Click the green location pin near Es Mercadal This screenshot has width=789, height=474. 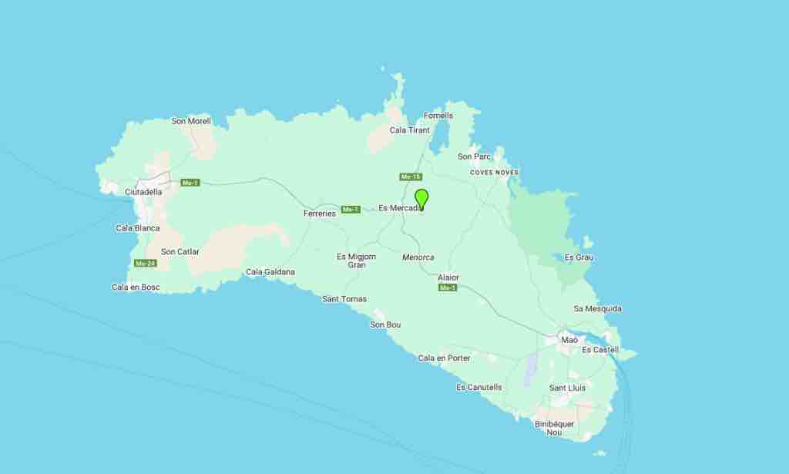(421, 198)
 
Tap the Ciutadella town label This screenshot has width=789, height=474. (143, 192)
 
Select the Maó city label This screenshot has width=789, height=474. (569, 340)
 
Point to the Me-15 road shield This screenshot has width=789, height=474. (411, 177)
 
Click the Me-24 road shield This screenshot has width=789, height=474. (146, 264)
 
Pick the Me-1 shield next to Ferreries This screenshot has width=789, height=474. (351, 209)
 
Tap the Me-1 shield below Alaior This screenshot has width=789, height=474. (448, 287)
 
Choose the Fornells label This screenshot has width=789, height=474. (438, 116)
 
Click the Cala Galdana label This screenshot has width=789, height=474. (270, 272)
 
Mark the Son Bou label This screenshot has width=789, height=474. (385, 324)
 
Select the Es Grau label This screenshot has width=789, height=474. (579, 257)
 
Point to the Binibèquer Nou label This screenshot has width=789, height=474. (555, 428)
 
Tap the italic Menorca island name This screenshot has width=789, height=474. (418, 257)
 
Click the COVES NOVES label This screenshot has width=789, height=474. (495, 173)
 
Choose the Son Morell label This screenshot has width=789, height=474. (191, 121)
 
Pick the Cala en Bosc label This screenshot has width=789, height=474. (136, 287)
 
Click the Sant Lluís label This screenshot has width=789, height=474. (567, 388)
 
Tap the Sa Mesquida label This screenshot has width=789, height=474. (597, 308)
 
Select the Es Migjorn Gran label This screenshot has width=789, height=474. (357, 261)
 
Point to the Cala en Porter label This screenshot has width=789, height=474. (444, 358)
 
